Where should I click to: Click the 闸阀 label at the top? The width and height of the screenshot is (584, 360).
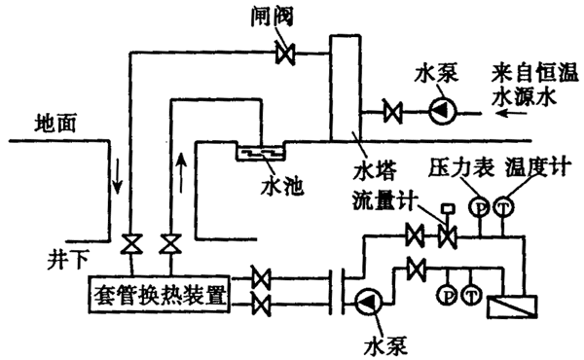point(272,18)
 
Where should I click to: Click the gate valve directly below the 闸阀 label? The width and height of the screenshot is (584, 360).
point(285,54)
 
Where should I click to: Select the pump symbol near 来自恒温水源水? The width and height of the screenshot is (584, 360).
point(442,111)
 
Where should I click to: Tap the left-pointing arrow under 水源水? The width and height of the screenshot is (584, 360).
point(511,113)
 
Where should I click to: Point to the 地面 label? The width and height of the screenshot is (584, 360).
point(55,123)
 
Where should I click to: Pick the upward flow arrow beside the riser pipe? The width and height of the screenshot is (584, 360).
point(181,172)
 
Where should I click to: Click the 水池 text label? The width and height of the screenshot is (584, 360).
point(282,187)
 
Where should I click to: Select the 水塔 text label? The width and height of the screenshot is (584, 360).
point(375,171)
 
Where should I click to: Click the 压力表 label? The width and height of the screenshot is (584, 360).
point(461,166)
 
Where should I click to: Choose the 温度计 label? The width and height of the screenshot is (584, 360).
point(538,166)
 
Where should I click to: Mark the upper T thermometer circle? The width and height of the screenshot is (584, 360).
point(503,207)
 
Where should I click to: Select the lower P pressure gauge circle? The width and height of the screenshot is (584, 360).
point(448,295)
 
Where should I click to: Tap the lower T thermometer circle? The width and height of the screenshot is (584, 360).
point(471,295)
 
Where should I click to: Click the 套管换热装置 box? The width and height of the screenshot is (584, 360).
point(160,295)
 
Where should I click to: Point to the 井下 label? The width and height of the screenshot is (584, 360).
point(68,259)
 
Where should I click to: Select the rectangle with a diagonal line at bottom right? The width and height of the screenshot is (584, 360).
point(513,306)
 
